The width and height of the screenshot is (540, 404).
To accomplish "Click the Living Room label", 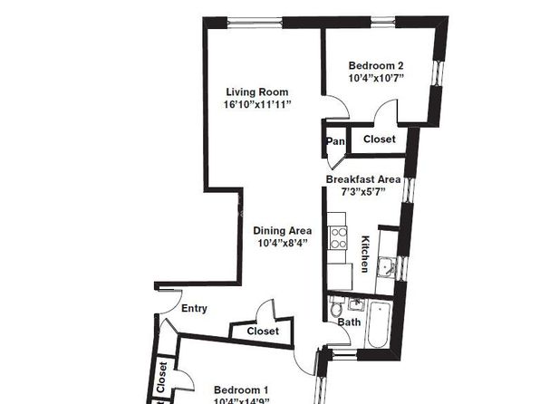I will (x=257, y=91).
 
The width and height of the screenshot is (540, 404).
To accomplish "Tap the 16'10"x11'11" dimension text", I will (x=257, y=104).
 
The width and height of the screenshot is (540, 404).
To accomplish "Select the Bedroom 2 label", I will (x=375, y=65).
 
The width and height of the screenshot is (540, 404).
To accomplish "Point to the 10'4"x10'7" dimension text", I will (x=375, y=78).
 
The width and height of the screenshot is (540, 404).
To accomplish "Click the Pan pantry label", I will (x=335, y=141).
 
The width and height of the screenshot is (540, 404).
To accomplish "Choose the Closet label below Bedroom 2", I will (x=378, y=139).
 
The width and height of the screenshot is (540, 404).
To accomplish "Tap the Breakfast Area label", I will (x=366, y=179).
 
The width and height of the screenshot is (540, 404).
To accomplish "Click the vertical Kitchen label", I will (x=365, y=254).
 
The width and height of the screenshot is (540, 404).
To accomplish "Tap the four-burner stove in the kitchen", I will (x=339, y=238).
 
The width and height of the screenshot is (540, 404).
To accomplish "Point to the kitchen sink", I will (x=386, y=267).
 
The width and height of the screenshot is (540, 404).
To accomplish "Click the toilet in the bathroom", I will (x=337, y=304).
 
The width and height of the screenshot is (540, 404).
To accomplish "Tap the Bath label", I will (x=349, y=322).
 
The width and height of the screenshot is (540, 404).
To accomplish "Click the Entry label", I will (x=194, y=309).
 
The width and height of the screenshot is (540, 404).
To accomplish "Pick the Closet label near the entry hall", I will (x=262, y=332).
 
